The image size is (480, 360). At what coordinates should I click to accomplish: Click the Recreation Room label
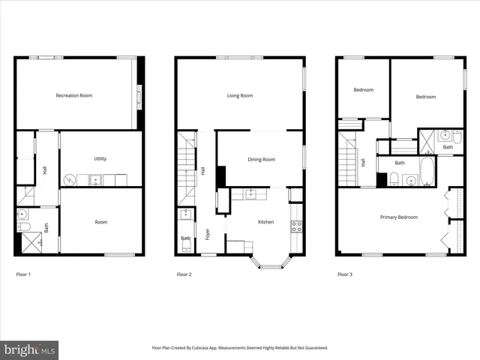[74, 95]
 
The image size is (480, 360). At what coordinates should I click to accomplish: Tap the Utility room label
[100, 158]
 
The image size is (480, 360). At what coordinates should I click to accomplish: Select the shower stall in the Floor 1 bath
[30, 241]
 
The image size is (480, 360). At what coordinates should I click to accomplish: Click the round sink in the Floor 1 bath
[22, 214]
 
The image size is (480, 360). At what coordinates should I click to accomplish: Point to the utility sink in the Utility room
[96, 180]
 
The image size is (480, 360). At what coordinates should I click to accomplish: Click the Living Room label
[240, 95]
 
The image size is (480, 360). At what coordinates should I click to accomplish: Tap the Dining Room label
[262, 159]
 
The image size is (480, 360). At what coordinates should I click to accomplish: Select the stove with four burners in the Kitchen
[296, 223]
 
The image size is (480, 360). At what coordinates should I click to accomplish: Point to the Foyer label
[208, 234]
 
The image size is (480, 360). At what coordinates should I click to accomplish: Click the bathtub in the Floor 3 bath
[427, 172]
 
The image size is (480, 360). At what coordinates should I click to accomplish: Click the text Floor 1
[23, 274]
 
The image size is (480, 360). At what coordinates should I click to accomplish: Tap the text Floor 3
[344, 274]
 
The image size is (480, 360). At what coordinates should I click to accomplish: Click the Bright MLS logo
[29, 349]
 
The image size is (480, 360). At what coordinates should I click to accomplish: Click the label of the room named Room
[100, 222]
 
